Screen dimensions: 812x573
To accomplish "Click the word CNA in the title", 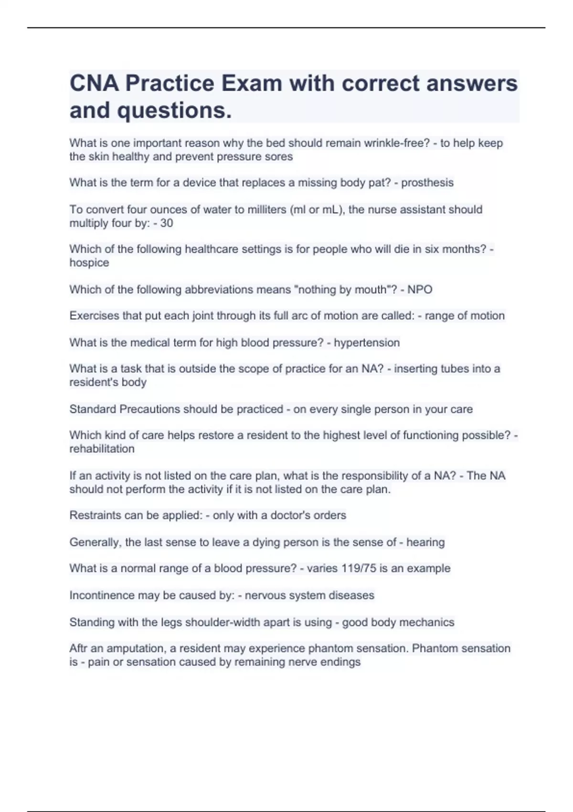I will [x=94, y=84].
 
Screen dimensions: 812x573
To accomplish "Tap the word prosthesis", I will [x=427, y=183].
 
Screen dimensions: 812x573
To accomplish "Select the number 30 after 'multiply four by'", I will [x=166, y=223].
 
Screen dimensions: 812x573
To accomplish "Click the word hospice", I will [x=89, y=263].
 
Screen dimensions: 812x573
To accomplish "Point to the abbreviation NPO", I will [x=420, y=289].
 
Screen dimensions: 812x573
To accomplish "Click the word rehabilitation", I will [x=102, y=449].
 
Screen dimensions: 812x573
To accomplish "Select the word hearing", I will [x=425, y=542].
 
